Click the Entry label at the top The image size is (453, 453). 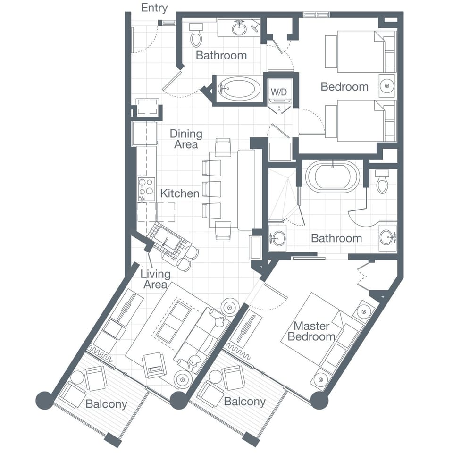tap(154, 8)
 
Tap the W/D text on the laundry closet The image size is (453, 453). tap(279, 92)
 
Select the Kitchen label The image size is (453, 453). tap(180, 193)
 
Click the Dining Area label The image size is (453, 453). tap(186, 139)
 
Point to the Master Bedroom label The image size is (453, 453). tap(311, 331)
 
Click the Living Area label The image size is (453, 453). tap(155, 279)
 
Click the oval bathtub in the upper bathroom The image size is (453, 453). tap(239, 88)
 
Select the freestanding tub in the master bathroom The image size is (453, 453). tap(333, 177)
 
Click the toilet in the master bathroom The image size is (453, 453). tap(382, 181)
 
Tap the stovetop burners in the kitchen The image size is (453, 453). tap(146, 189)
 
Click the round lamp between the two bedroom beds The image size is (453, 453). tap(386, 86)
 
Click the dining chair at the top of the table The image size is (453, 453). tap(223, 147)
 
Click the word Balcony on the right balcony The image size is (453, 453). tap(245, 402)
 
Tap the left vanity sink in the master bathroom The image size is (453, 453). tap(277, 238)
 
